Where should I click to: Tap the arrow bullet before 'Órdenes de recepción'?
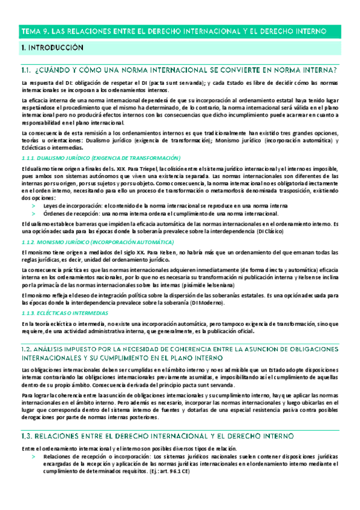(x=34, y=214)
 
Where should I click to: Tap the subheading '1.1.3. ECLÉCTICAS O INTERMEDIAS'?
(x=65, y=313)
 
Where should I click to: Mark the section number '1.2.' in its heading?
(x=28, y=348)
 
